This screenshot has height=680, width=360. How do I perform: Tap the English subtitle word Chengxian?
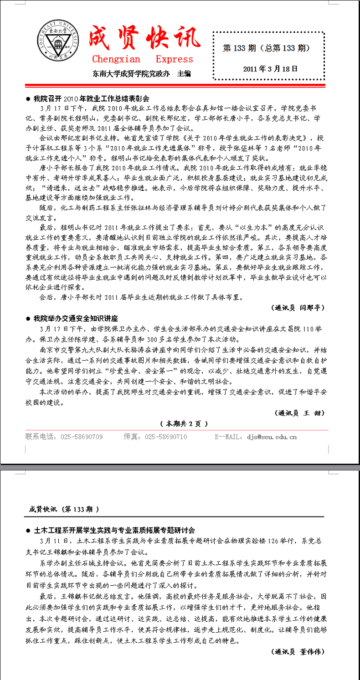pyautogui.click(x=116, y=59)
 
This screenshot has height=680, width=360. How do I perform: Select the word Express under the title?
pyautogui.click(x=174, y=59)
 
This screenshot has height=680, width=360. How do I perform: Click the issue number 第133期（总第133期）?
pyautogui.click(x=267, y=48)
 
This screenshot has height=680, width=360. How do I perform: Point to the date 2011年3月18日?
pyautogui.click(x=270, y=69)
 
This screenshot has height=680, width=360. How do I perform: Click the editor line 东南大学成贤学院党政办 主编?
pyautogui.click(x=141, y=73)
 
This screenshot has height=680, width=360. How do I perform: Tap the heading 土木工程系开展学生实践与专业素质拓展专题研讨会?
pyautogui.click(x=114, y=530)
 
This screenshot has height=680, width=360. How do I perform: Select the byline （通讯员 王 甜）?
pyautogui.click(x=300, y=413)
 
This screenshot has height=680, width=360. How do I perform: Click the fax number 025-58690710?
pyautogui.click(x=166, y=437)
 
